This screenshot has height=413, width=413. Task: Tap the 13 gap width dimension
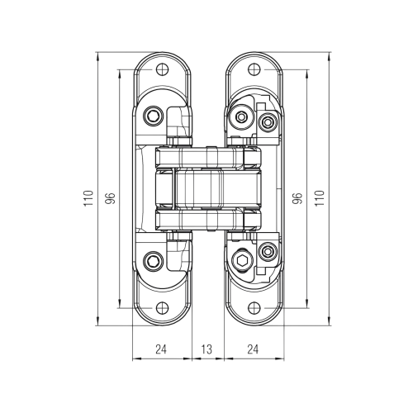coord(206,350)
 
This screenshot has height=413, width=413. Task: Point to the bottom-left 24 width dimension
coord(162,350)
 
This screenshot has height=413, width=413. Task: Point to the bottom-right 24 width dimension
coord(250,350)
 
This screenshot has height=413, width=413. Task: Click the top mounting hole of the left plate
coord(162,69)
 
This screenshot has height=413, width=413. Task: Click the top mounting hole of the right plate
coord(251,69)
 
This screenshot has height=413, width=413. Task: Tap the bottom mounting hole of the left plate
coord(162,307)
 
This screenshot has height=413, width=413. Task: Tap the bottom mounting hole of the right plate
coord(251,307)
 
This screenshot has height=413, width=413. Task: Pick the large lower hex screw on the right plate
coord(242,261)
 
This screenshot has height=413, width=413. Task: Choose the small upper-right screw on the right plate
coord(267,124)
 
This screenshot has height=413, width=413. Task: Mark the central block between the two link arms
coord(206,188)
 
